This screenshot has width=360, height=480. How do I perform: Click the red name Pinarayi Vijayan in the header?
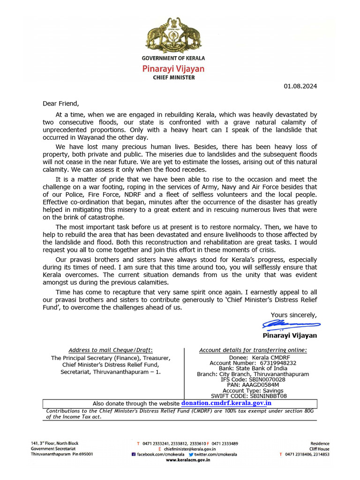(173, 68)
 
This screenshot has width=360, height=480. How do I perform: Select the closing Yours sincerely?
(293, 315)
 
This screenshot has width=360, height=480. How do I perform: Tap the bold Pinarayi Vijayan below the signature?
(290, 336)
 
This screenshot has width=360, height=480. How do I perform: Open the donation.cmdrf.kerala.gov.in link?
(226, 403)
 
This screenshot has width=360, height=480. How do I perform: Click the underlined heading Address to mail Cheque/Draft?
(110, 350)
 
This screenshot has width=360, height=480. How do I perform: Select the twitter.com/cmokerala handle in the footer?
(216, 454)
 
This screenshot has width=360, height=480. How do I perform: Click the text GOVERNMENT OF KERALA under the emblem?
(173, 58)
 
